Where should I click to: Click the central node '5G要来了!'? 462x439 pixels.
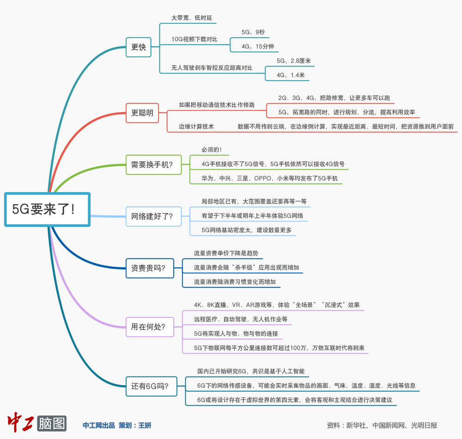click(47, 209)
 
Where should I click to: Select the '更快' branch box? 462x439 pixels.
click(139, 47)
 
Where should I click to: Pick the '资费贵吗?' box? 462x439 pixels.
click(150, 268)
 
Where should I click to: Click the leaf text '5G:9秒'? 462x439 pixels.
click(253, 32)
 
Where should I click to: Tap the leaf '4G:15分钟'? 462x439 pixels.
click(258, 46)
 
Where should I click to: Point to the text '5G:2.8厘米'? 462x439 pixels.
click(294, 61)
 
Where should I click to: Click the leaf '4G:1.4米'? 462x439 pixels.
click(291, 75)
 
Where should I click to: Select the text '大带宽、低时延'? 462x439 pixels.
click(192, 18)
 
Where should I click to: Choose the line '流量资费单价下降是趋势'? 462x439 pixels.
click(226, 253)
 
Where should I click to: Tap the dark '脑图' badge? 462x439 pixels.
click(52, 423)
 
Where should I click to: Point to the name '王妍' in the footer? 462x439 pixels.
click(144, 425)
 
